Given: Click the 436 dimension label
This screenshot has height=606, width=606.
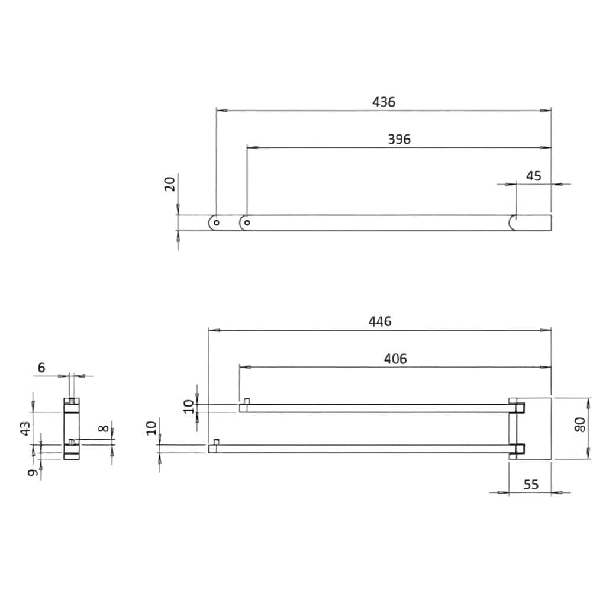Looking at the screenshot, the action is pos(383,102).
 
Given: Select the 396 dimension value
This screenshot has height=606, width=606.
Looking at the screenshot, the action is pos(399,139).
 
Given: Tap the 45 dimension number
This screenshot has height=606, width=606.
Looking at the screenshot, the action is pos(533,176).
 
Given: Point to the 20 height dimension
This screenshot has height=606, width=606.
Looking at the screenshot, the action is pos(170,184).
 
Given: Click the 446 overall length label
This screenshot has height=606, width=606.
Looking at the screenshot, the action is pos(379,321).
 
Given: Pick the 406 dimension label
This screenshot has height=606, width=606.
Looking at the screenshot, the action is pos(395,359).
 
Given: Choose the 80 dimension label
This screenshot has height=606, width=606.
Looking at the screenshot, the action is pos(580,425).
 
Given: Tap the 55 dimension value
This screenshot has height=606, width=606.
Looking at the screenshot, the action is pos(531,485).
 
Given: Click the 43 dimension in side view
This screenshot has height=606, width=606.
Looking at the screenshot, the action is pos(25,428).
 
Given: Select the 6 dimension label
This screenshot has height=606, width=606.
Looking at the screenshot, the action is pos(41,368).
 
